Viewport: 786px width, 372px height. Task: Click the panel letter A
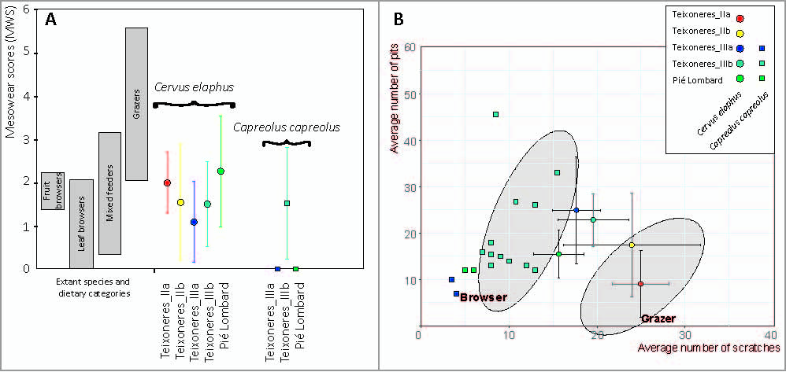point(50,20)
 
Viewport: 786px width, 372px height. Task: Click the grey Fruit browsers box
point(53,191)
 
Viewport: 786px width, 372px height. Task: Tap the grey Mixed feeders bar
point(109,193)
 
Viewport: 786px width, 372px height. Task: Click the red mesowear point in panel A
point(167,182)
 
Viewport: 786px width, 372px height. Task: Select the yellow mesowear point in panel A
point(180,202)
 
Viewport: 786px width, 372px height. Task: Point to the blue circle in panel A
point(194,222)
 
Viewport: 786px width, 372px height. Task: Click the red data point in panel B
point(640,284)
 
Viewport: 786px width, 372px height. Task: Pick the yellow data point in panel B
point(632,245)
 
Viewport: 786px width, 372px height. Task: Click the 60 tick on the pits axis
point(409,46)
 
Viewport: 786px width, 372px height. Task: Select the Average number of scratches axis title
point(708,347)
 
